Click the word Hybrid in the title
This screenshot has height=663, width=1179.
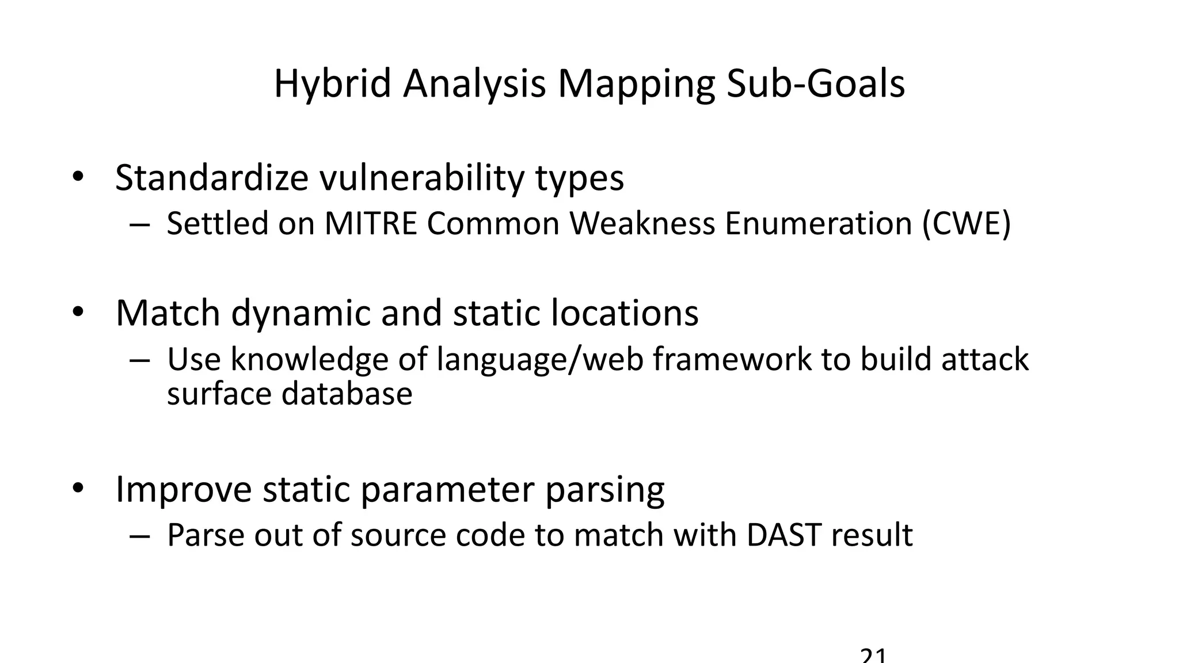pos(332,84)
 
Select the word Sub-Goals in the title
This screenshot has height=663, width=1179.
pos(816,84)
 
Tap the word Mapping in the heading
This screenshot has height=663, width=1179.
pos(636,84)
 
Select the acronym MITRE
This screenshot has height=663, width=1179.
pos(371,223)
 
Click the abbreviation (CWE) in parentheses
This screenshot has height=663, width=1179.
pos(967,223)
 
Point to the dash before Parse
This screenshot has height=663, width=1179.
pos(140,535)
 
